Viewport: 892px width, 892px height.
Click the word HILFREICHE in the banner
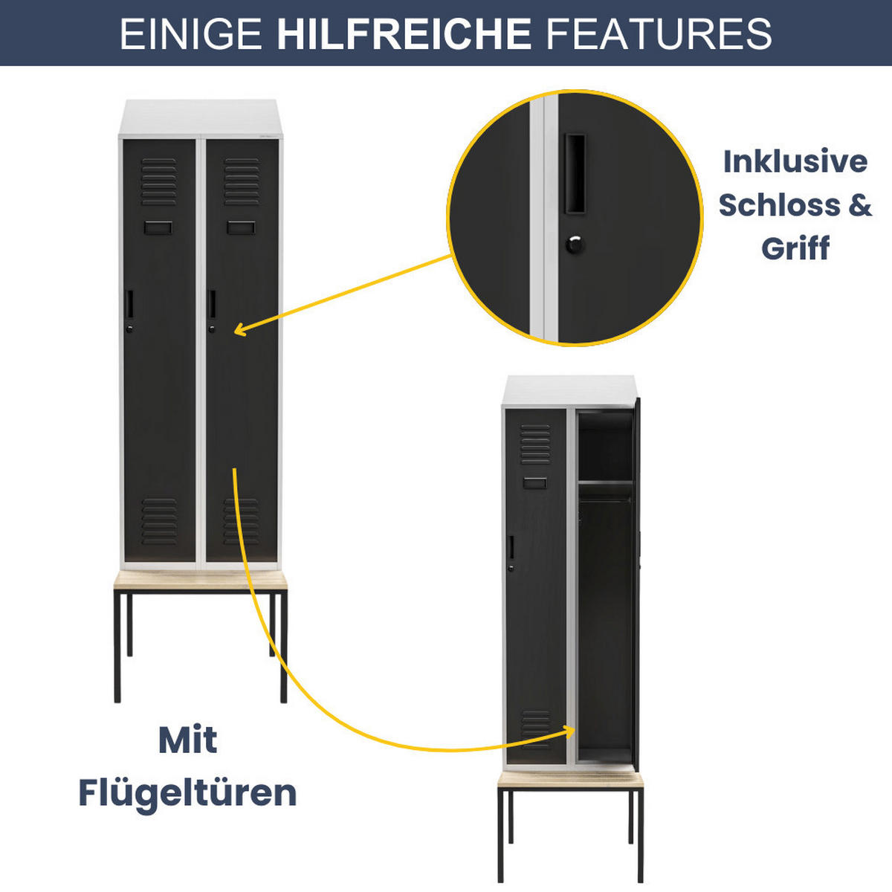click(404, 33)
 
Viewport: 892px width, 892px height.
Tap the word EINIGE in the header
click(191, 33)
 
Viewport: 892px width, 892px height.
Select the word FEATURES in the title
click(659, 33)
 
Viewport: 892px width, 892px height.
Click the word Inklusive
click(795, 161)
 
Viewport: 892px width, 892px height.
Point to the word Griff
click(795, 248)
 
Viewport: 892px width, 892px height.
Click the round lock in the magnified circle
click(575, 244)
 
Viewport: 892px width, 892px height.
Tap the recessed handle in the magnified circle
click(575, 174)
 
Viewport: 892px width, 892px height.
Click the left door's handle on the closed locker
click(129, 304)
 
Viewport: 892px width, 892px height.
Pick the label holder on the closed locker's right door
click(241, 227)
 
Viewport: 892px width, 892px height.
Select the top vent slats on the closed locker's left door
click(159, 182)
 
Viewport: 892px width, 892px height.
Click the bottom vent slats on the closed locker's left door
click(159, 522)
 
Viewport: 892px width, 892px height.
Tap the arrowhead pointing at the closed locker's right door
click(239, 329)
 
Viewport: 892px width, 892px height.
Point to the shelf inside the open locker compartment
click(605, 483)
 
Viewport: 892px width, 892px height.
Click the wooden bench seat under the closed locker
click(201, 580)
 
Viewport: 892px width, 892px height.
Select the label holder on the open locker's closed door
click(534, 483)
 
